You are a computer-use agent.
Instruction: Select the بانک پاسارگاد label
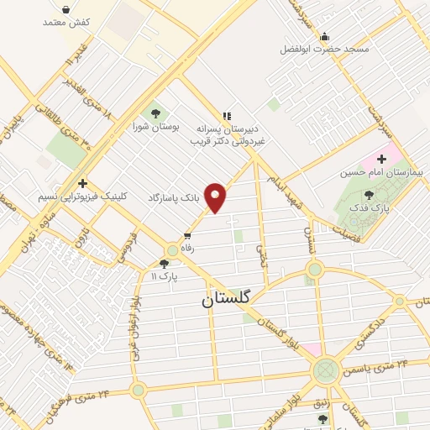click(x=176, y=197)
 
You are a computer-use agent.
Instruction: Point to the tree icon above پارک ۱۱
click(x=164, y=263)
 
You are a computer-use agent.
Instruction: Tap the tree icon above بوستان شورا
click(x=154, y=113)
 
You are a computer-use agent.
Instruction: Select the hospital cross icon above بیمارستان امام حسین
click(x=381, y=158)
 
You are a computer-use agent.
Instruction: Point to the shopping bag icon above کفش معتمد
click(x=66, y=8)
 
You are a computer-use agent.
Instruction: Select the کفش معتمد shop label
click(x=66, y=22)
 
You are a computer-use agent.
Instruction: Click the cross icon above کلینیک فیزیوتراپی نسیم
click(x=82, y=182)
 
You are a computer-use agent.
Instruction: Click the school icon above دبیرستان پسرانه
click(x=225, y=116)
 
